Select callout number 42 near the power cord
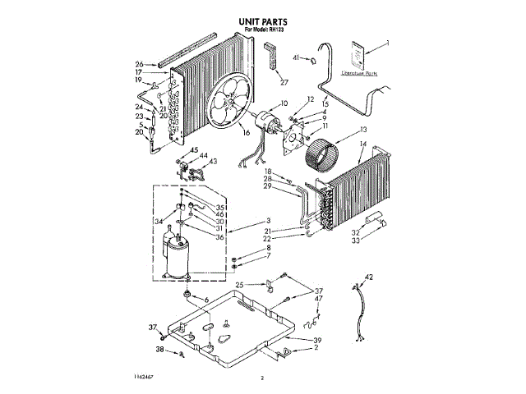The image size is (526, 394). click(369, 277)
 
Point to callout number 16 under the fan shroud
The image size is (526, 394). click(246, 132)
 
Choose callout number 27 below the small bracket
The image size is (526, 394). click(284, 82)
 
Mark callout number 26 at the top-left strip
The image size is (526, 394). click(140, 64)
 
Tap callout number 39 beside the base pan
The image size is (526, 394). click(316, 339)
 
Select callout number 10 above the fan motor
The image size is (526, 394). click(284, 103)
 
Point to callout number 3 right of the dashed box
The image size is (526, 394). click(268, 220)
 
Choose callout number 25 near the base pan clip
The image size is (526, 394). click(239, 286)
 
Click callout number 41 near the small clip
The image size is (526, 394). click(296, 58)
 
